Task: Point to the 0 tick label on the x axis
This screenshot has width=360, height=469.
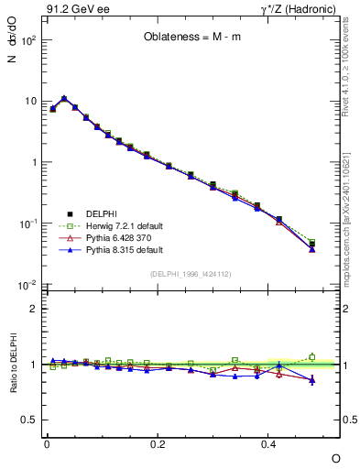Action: point(47,444)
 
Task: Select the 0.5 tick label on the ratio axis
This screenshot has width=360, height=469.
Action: point(30,420)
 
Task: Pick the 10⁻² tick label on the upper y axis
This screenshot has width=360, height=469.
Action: point(27,285)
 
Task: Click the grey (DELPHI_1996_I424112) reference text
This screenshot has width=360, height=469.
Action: point(190,273)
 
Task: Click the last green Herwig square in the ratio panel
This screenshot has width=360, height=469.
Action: point(312,357)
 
